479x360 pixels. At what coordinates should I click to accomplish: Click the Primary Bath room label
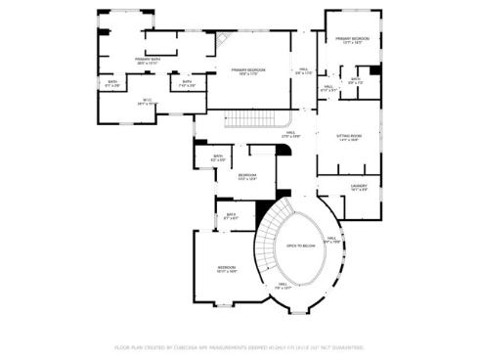click(149, 61)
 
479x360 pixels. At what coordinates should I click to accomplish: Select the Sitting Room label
click(349, 138)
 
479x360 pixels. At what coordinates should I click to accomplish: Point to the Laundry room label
click(358, 187)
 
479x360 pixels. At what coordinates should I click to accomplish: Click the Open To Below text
click(300, 247)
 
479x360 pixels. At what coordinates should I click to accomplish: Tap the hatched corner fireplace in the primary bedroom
click(224, 40)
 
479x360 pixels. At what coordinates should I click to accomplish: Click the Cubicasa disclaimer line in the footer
click(239, 347)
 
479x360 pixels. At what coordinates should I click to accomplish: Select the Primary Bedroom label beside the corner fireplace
click(249, 71)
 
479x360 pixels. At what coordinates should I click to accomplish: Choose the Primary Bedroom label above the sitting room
click(353, 40)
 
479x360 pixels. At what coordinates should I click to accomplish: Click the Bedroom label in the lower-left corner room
click(226, 268)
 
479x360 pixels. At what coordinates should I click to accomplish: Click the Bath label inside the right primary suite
click(355, 80)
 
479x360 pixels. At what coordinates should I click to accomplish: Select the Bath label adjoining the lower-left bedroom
click(231, 216)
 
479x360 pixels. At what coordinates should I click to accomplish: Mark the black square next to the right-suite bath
click(375, 71)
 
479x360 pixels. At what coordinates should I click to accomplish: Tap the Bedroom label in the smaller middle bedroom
click(247, 177)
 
